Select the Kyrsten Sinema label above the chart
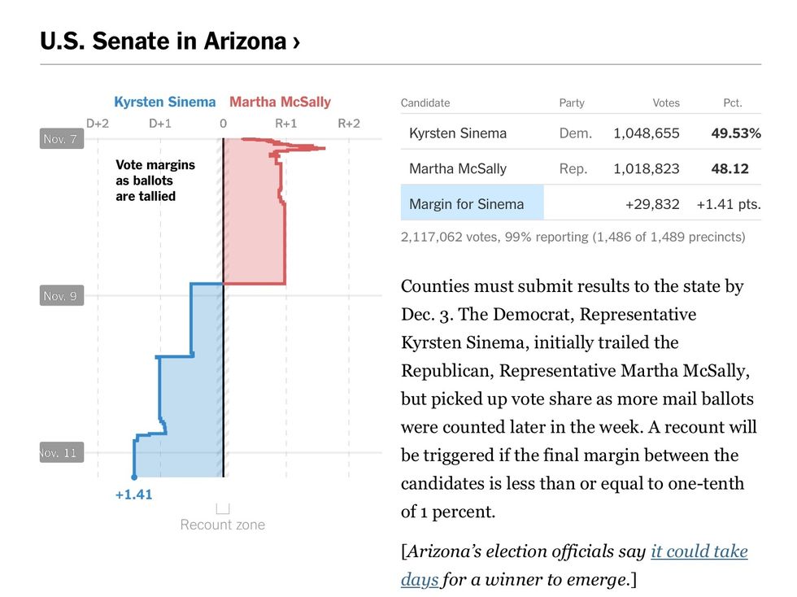click(x=164, y=102)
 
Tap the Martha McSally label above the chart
click(x=280, y=102)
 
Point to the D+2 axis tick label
click(x=98, y=124)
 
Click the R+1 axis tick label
click(x=285, y=124)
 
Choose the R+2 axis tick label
click(x=349, y=124)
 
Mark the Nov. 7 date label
click(x=60, y=139)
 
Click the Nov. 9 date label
click(x=60, y=296)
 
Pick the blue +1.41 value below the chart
click(x=133, y=494)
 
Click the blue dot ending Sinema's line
click(x=134, y=477)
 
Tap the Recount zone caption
click(x=223, y=525)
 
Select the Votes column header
click(x=665, y=103)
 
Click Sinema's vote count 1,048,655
click(x=647, y=133)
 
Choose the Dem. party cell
click(x=575, y=133)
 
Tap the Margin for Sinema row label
click(x=466, y=204)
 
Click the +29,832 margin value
click(x=651, y=204)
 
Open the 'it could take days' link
click(x=699, y=552)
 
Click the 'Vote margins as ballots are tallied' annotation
click(x=155, y=180)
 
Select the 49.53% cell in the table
click(x=735, y=133)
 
